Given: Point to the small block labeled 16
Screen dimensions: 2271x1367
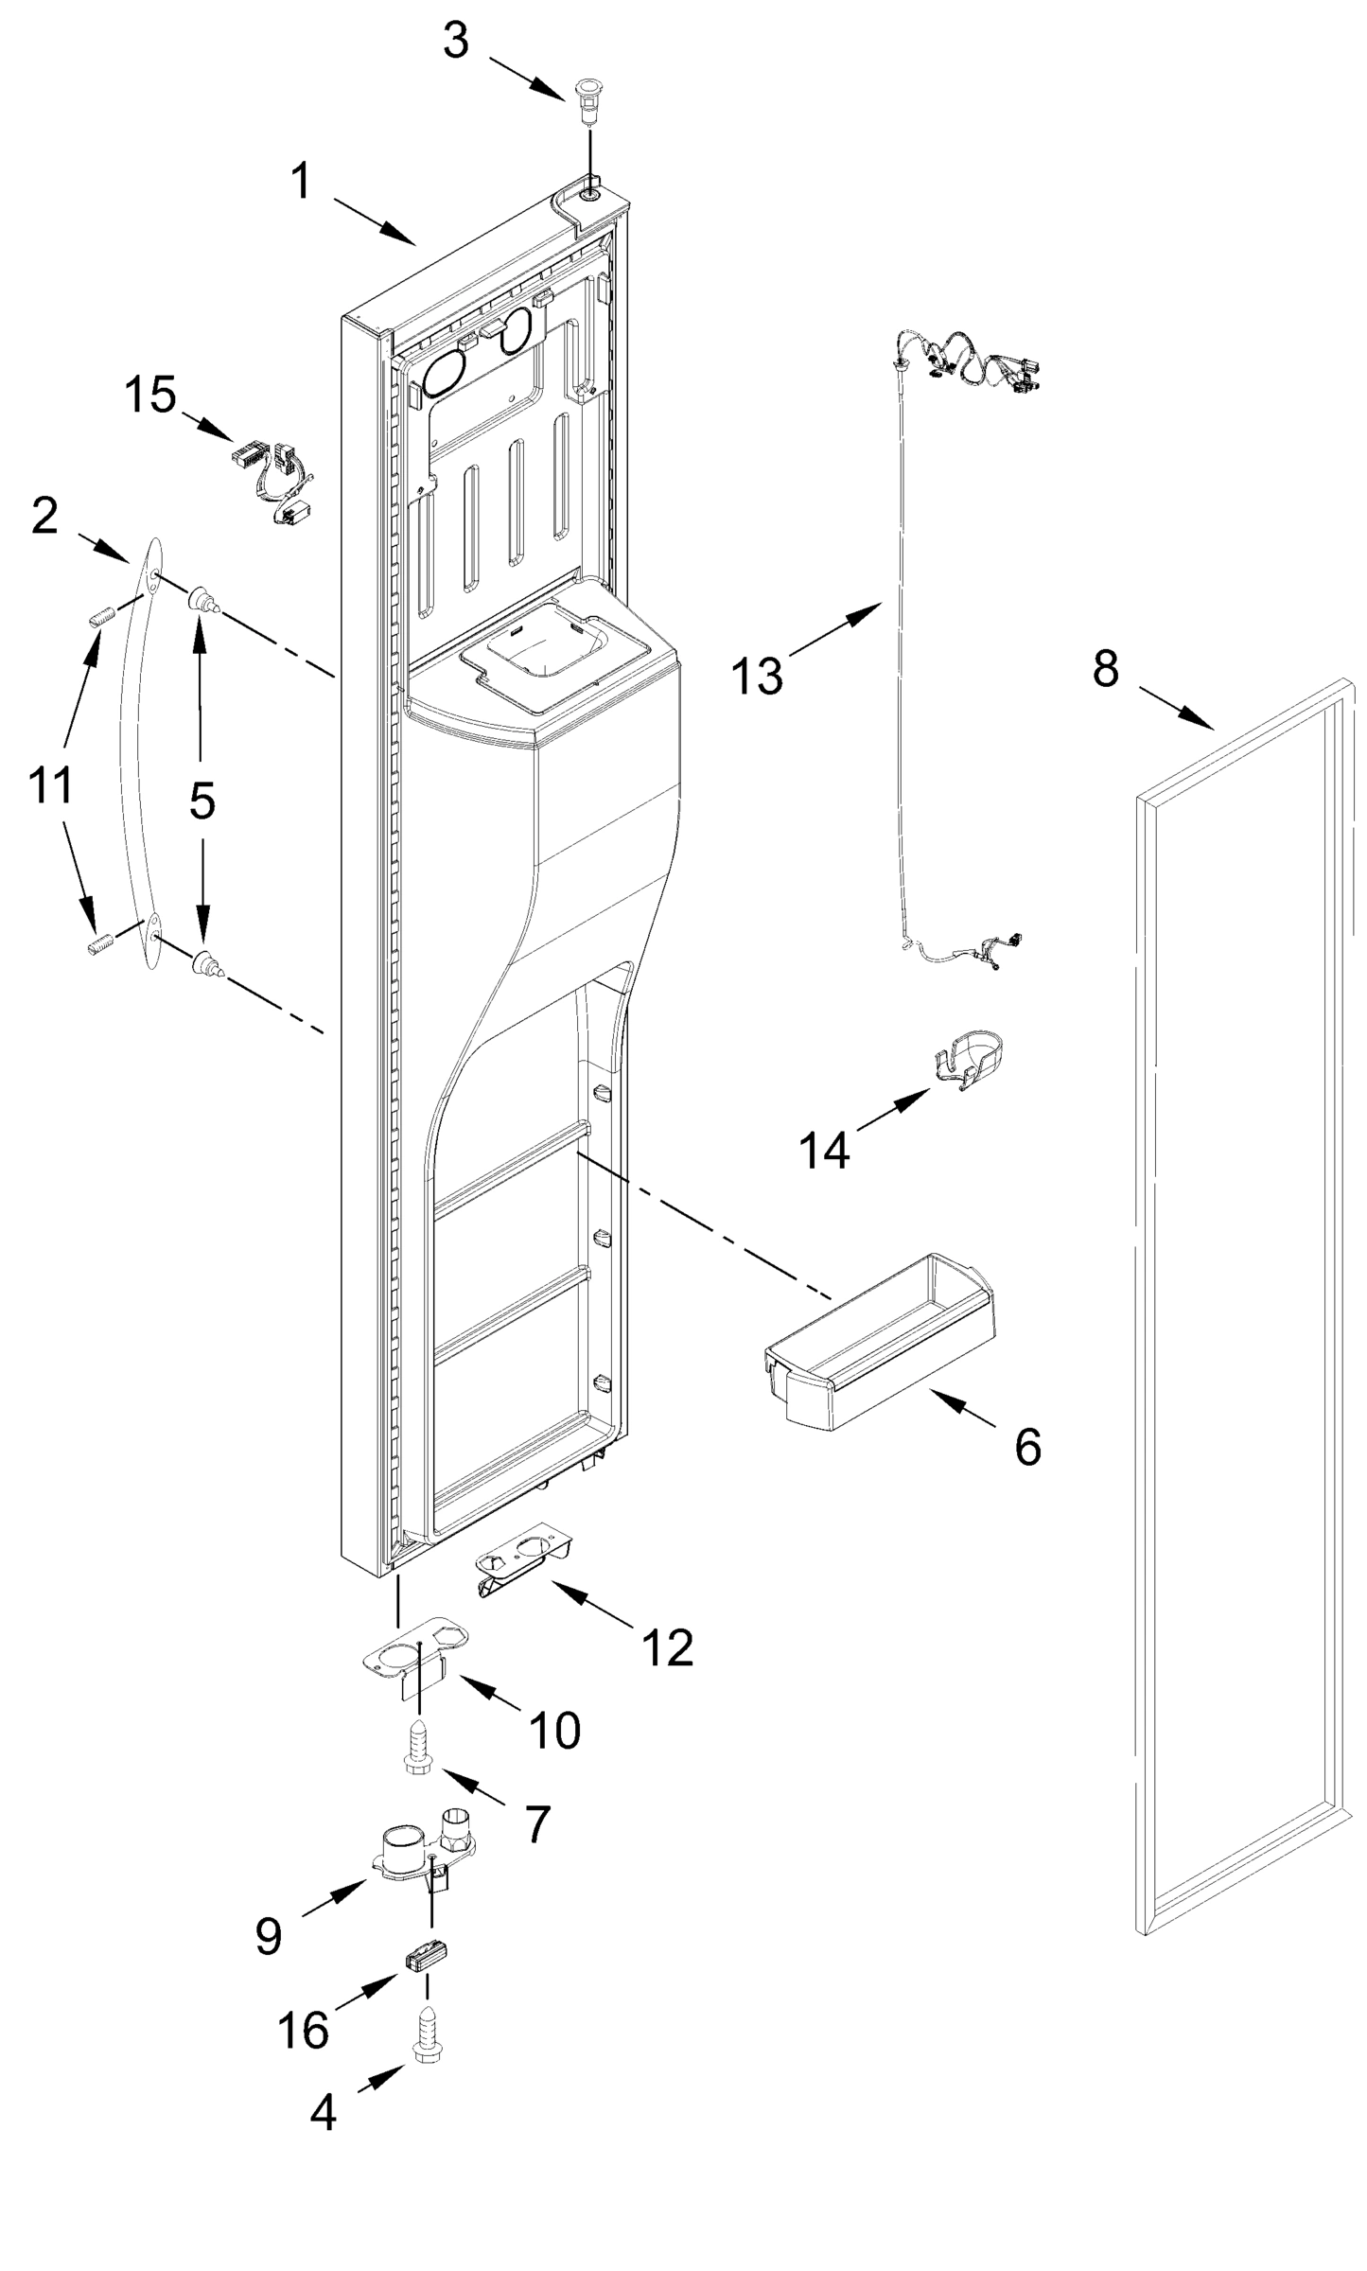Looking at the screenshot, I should [427, 1958].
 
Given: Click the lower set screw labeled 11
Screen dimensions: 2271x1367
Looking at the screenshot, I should [101, 944].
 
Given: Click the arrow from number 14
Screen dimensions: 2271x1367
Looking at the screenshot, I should [894, 1110].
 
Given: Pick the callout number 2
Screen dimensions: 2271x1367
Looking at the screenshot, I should [44, 517].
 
